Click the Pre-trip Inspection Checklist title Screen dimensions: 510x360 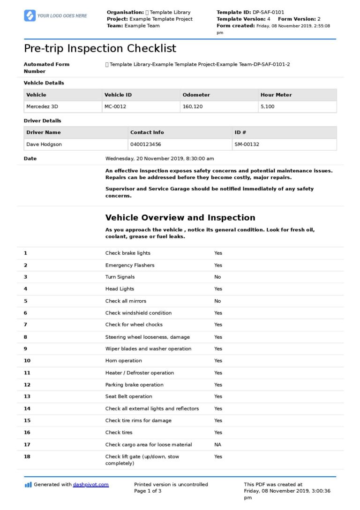coord(100,48)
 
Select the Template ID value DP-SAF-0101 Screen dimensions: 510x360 coord(268,12)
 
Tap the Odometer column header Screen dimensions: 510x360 coord(196,95)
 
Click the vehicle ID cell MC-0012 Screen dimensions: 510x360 coord(115,107)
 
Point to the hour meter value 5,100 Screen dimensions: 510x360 coord(267,107)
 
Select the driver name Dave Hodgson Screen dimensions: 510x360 coord(44,145)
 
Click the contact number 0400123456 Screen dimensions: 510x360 coord(145,145)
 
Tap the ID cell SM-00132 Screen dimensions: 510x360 coord(247,145)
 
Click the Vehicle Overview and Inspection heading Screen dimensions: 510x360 coord(180,218)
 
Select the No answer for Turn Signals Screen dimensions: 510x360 coord(217,277)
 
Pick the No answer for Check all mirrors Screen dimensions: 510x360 coord(217,301)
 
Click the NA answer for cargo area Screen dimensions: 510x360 coord(217,445)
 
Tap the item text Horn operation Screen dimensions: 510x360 coord(123,361)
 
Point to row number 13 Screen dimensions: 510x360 coord(27,396)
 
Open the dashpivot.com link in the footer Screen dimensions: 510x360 coord(90,485)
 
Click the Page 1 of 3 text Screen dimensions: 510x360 coord(148,491)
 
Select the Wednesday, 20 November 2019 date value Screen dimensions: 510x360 coord(159,159)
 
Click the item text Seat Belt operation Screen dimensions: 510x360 coord(128,396)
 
